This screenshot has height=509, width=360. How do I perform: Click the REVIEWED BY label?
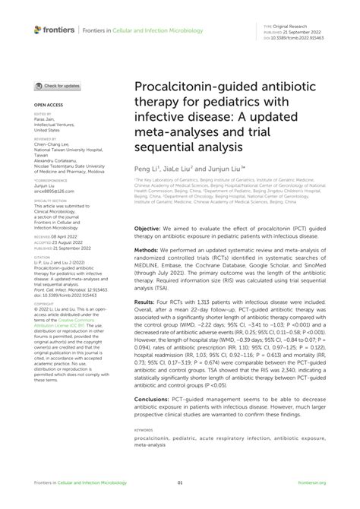(46, 140)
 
